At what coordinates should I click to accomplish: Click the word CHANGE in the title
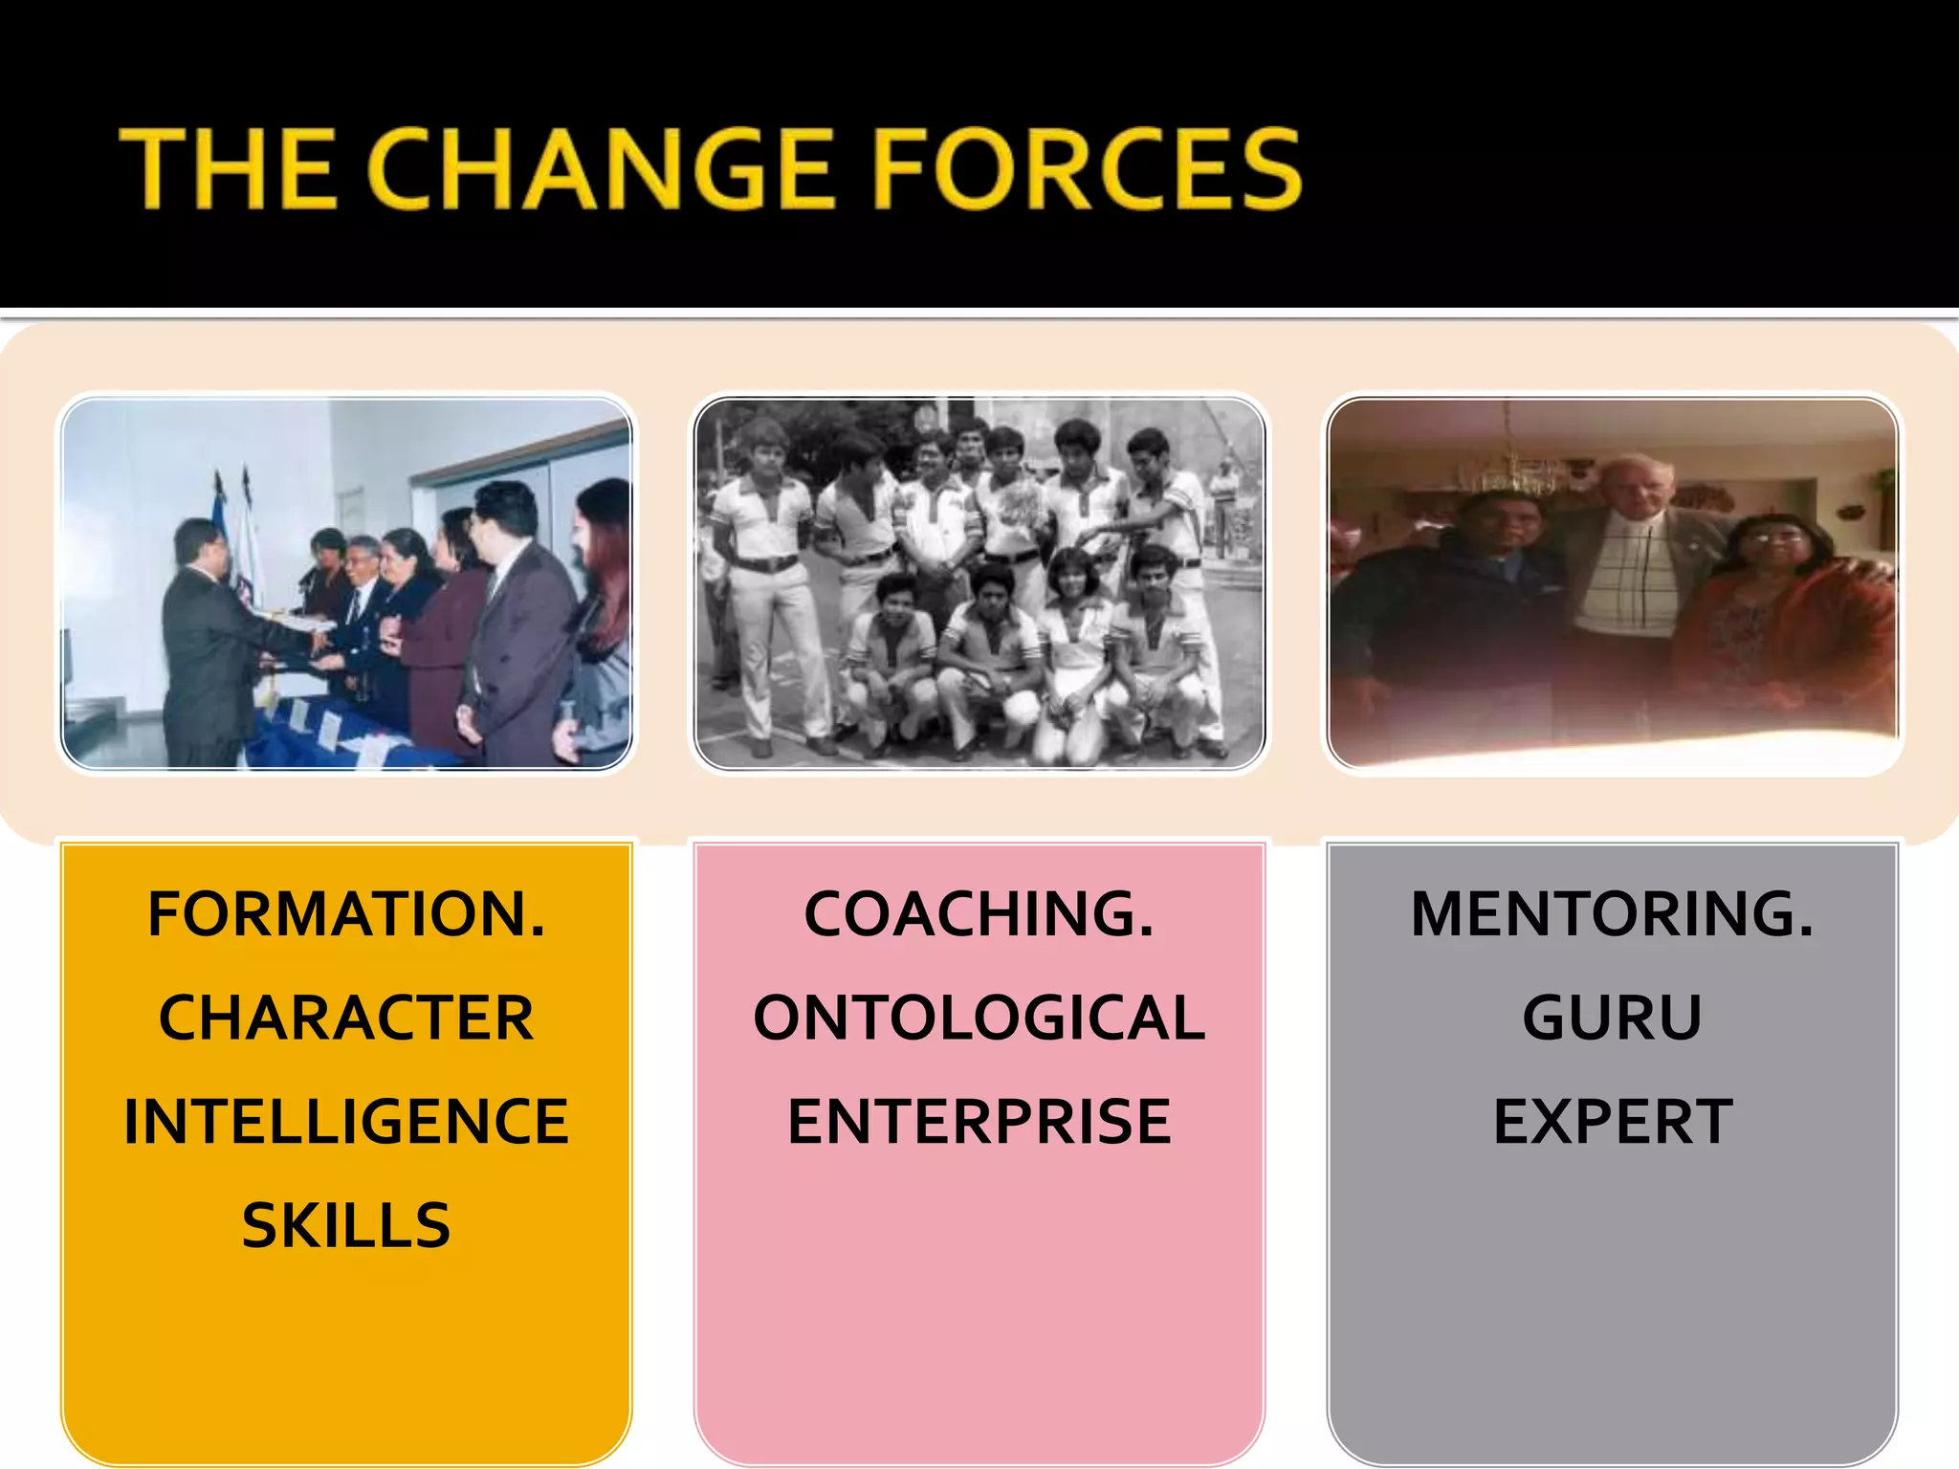(x=600, y=169)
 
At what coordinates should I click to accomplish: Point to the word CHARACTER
(x=346, y=1018)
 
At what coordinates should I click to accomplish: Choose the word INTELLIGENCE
(x=346, y=1122)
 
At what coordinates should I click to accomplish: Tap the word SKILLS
(x=346, y=1225)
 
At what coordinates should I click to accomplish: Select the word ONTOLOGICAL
(x=979, y=1018)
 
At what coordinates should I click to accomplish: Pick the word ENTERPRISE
(x=979, y=1122)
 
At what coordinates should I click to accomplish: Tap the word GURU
(x=1612, y=1018)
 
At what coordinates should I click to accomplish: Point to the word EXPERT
(x=1612, y=1122)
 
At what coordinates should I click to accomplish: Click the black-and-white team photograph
(x=979, y=583)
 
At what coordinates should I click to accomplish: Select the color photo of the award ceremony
(x=346, y=583)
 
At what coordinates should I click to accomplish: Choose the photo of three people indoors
(x=1613, y=583)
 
